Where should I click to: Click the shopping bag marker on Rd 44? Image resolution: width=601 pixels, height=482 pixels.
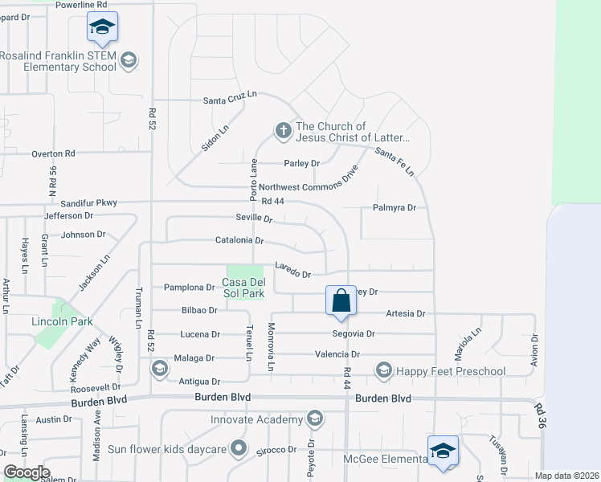341,301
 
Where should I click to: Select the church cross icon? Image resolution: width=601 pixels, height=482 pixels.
282,129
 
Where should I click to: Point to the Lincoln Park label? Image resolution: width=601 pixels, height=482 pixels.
62,321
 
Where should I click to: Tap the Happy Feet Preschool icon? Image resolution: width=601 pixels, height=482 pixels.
383,370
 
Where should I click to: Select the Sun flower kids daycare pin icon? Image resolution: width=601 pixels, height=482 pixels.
238,447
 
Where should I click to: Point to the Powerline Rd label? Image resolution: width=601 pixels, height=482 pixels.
81,5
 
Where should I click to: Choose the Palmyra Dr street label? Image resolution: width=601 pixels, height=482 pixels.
394,207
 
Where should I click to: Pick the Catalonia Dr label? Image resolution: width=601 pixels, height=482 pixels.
239,240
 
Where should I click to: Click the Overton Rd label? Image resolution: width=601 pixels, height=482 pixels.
53,153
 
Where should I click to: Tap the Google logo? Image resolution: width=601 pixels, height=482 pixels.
27,472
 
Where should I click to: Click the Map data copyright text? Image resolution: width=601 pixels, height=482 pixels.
566,476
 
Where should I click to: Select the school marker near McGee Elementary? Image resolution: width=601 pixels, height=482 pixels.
442,451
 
